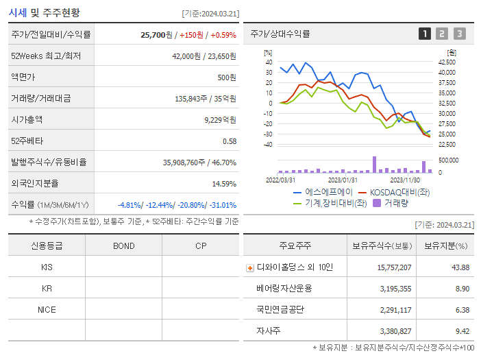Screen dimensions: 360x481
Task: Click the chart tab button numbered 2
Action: pos(442,34)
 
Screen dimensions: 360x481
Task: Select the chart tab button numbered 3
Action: pos(459,34)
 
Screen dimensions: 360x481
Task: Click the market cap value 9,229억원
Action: pos(220,119)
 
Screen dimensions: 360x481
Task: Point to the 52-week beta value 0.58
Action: pos(229,141)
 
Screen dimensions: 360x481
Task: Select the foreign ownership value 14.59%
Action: pos(223,183)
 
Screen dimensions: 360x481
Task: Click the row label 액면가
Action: pos(27,77)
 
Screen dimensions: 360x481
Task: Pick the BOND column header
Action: pos(123,245)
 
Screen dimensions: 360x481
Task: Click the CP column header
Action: pos(201,245)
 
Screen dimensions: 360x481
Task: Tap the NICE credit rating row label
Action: pos(47,310)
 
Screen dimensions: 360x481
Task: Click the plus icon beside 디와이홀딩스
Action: pos(250,267)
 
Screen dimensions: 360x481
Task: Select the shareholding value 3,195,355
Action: pos(392,289)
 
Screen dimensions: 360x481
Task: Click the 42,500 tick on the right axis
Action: pos(446,62)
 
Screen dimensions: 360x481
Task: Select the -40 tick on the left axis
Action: pos(267,145)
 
